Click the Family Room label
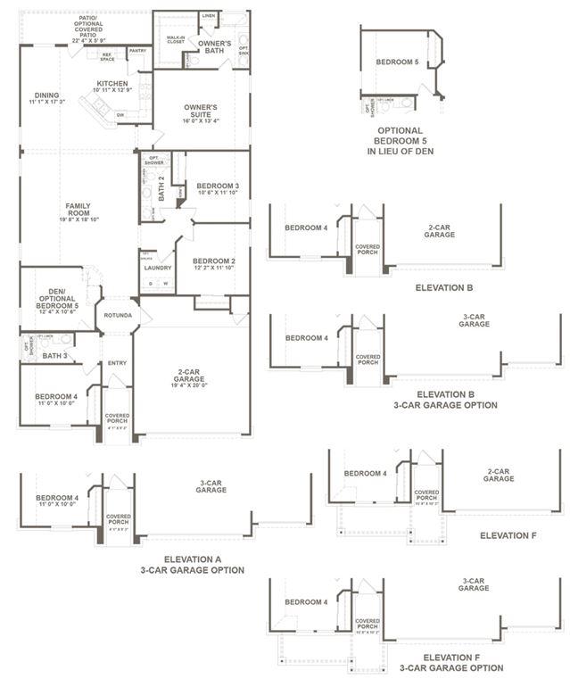click(x=78, y=210)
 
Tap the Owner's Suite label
click(x=201, y=111)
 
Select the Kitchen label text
click(x=112, y=86)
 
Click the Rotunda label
click(x=117, y=315)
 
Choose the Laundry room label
click(x=157, y=267)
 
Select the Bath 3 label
click(x=54, y=356)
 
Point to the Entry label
click(x=117, y=363)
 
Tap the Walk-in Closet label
click(x=175, y=39)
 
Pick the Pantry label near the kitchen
click(x=137, y=50)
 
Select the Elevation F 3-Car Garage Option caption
click(x=450, y=662)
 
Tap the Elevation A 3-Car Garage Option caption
click(x=192, y=564)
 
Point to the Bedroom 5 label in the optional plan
click(x=396, y=62)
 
